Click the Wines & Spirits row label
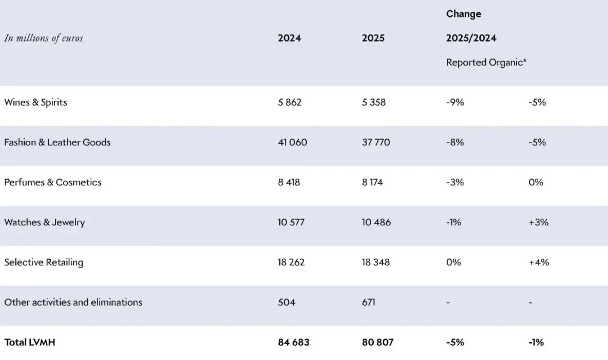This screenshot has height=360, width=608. click(35, 102)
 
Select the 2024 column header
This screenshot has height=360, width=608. click(289, 38)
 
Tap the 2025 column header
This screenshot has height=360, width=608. click(373, 38)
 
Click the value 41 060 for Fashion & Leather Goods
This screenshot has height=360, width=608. click(292, 143)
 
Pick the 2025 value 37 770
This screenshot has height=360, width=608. click(375, 143)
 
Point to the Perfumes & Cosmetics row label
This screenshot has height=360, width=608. click(53, 183)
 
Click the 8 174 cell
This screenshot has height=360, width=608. click(372, 183)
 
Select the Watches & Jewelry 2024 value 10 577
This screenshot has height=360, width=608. click(291, 223)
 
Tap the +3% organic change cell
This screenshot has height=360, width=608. click(539, 223)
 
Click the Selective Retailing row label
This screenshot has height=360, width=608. click(44, 262)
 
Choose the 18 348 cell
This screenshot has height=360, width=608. click(375, 262)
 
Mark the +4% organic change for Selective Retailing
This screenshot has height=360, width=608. click(539, 262)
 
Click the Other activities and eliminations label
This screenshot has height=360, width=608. click(73, 302)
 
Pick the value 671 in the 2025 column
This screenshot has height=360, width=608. click(368, 302)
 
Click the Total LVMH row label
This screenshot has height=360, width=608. click(30, 342)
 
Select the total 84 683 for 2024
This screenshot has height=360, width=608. click(293, 342)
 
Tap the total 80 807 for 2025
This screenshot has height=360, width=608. click(378, 342)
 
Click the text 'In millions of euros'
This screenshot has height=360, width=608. click(44, 38)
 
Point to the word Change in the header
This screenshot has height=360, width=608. click(463, 14)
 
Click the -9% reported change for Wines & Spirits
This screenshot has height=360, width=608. click(455, 102)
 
